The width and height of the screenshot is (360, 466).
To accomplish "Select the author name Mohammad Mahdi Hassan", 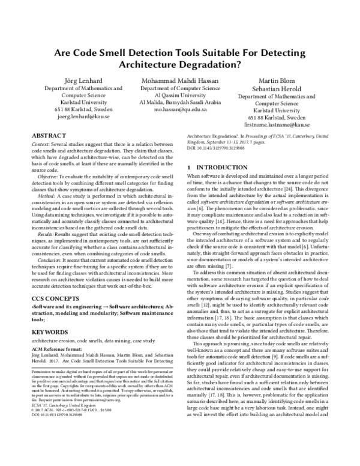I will [180, 81].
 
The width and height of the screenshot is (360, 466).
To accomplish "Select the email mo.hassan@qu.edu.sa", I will [180, 110].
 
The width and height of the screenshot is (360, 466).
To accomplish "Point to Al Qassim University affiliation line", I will [180, 95].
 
